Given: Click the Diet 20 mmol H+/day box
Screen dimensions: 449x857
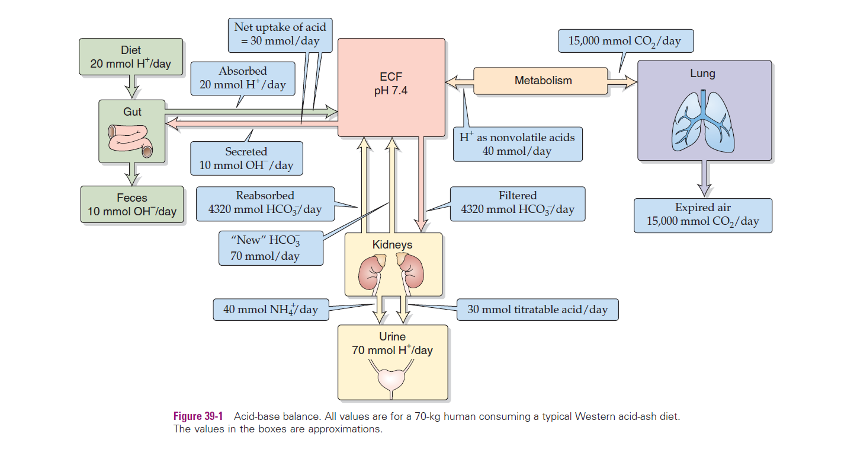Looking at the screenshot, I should (130, 58).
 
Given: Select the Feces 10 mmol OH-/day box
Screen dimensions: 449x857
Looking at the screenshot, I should (131, 205).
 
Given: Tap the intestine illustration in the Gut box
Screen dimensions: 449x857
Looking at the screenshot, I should (130, 141).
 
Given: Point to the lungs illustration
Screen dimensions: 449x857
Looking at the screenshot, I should (703, 122).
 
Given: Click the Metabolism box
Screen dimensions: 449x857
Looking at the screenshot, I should (543, 81).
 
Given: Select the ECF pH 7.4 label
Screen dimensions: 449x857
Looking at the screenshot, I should (391, 84).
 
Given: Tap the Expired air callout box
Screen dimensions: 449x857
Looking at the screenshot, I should (703, 215).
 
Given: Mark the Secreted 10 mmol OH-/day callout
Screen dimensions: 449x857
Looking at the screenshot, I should (246, 158).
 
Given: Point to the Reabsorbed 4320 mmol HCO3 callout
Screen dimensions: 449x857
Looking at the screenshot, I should (265, 202).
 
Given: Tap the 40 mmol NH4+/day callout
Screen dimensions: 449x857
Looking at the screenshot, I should (271, 310).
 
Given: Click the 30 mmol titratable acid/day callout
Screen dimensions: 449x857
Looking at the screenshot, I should (537, 310).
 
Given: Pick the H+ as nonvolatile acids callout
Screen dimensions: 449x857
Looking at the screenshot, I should (517, 144).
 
